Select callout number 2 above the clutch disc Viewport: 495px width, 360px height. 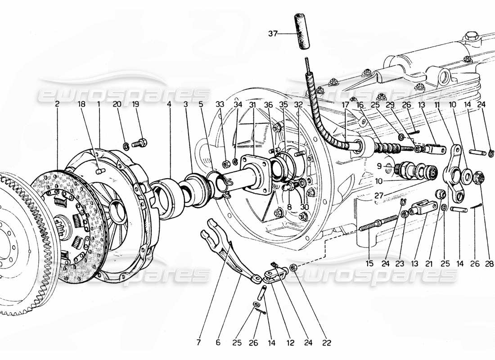(x=57, y=104)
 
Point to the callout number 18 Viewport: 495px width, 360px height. (x=82, y=104)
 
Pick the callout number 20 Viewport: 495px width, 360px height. (x=117, y=104)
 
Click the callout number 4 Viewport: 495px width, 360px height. (x=169, y=104)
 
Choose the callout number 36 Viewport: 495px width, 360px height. (x=269, y=104)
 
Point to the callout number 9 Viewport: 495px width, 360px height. (x=379, y=166)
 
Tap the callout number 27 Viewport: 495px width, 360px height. (x=379, y=196)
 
